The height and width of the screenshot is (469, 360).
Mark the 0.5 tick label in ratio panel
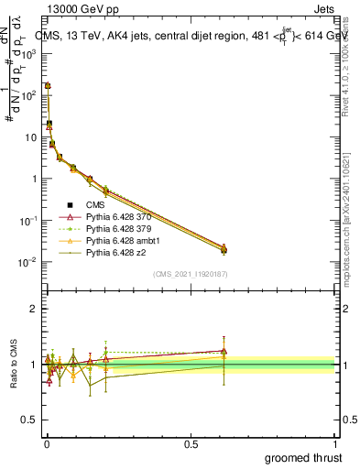[x=31, y=420]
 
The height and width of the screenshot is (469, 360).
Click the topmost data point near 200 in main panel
[x=48, y=86]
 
